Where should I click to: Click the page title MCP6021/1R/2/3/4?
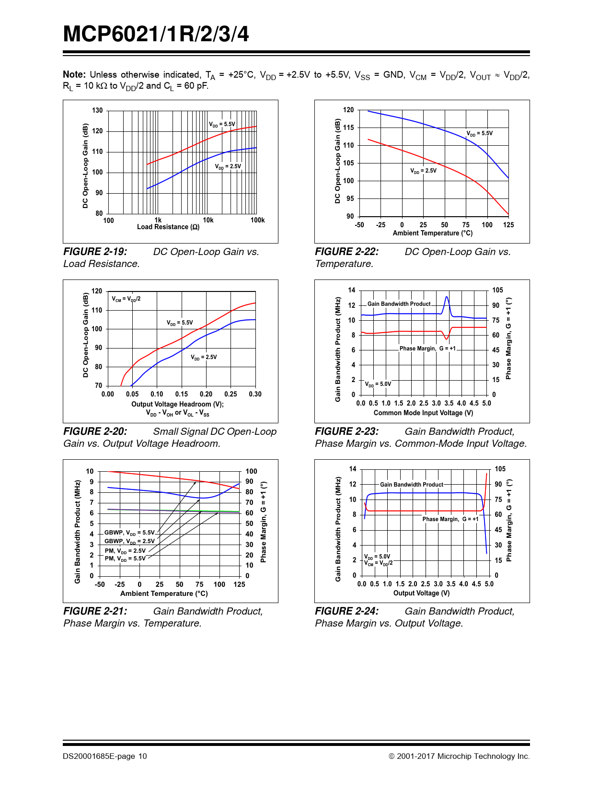click(156, 35)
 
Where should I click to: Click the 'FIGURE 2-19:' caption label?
click(95, 252)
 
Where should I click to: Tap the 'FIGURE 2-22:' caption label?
click(346, 252)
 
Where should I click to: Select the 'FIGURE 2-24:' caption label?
click(346, 611)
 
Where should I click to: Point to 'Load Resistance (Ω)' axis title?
click(168, 227)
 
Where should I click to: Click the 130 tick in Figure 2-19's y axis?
click(97, 110)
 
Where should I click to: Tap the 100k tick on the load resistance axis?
click(257, 220)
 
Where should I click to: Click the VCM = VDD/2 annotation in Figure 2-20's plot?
click(126, 299)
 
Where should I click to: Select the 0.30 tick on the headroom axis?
click(255, 394)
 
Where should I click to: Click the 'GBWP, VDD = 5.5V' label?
click(129, 533)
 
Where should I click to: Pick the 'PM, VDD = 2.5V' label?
click(125, 551)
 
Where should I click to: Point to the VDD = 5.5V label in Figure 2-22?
click(479, 133)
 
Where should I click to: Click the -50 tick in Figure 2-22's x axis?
click(359, 225)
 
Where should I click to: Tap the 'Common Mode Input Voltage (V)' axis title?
click(423, 413)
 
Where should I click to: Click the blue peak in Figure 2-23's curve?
click(447, 297)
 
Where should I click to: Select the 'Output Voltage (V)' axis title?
click(421, 593)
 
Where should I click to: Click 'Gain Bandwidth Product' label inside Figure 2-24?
click(411, 485)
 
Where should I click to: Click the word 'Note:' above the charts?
click(74, 74)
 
